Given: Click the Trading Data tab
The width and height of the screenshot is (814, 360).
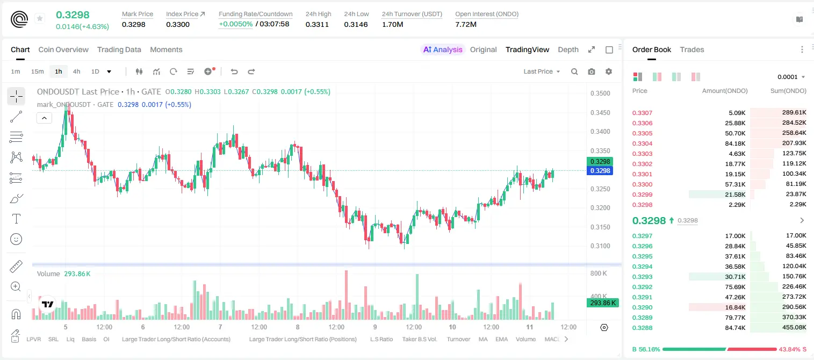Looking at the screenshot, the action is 119,50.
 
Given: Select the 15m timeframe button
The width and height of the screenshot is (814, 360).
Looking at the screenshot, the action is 38,71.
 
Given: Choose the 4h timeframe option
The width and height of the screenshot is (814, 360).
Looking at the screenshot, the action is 76,71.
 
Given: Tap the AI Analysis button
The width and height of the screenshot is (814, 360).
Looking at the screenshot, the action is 443,50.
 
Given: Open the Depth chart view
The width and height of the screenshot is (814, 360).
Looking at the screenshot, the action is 568,50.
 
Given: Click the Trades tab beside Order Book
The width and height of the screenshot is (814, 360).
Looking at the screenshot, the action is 692,50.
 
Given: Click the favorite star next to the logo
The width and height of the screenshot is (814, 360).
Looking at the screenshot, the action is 40,18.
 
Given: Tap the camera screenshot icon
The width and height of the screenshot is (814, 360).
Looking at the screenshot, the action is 592,71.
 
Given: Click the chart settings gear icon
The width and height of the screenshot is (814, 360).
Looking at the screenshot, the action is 609,71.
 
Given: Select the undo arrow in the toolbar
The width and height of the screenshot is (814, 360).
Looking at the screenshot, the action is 234,71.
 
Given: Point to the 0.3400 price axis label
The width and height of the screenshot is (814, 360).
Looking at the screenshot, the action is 600,132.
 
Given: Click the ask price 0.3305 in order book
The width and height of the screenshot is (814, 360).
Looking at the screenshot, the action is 642,133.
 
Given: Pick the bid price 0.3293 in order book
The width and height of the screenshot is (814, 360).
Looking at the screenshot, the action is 642,277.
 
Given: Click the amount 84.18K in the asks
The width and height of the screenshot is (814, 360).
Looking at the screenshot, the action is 735,143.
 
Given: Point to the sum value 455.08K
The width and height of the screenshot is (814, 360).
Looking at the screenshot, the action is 794,327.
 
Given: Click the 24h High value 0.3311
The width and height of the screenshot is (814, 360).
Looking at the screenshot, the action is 317,24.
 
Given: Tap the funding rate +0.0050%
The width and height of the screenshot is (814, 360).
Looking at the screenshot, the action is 235,24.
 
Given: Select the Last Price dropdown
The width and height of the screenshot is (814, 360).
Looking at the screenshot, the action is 542,71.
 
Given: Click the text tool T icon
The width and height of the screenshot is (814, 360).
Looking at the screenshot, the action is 16,219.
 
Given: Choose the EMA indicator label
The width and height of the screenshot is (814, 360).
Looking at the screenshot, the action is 501,339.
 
